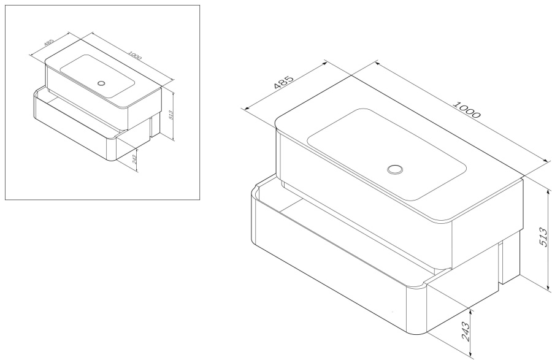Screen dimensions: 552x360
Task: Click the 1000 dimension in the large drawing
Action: (x=467, y=109)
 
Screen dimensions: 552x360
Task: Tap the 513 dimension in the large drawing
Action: (x=543, y=237)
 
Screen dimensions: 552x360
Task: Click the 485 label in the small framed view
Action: (x=49, y=42)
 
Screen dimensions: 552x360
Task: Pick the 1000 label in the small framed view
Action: (x=135, y=56)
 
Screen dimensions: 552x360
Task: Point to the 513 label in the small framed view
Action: (x=171, y=115)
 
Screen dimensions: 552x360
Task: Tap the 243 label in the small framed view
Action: (x=134, y=159)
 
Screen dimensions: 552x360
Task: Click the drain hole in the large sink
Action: (x=395, y=169)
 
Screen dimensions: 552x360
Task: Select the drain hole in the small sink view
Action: (x=101, y=83)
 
